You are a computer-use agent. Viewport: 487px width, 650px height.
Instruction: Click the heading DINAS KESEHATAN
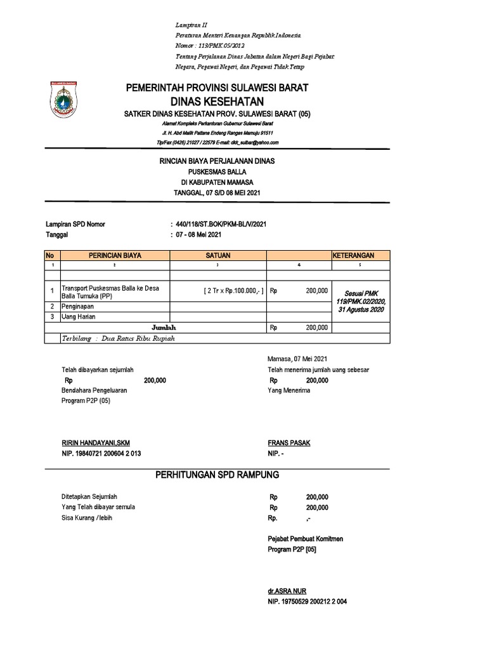click(217, 102)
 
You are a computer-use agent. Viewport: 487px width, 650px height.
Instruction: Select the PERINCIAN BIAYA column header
click(115, 255)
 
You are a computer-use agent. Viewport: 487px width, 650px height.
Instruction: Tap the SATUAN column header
click(218, 255)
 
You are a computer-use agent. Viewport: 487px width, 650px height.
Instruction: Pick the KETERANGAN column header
click(353, 255)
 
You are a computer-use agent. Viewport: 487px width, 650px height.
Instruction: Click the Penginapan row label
click(78, 306)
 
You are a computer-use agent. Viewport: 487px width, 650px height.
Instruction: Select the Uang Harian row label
click(79, 317)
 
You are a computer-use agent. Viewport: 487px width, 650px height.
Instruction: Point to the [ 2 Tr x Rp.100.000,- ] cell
click(233, 291)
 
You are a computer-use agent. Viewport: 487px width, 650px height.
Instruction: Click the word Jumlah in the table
click(162, 328)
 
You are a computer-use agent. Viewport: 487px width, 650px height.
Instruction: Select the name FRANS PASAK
click(290, 442)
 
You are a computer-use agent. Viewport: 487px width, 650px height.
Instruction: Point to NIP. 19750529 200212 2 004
click(311, 601)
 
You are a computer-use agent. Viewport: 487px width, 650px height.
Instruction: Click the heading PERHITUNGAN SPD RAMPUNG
click(217, 475)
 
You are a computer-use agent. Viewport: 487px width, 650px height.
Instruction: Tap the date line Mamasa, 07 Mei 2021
click(298, 359)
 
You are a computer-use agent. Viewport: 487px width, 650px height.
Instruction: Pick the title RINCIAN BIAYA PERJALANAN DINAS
click(217, 161)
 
